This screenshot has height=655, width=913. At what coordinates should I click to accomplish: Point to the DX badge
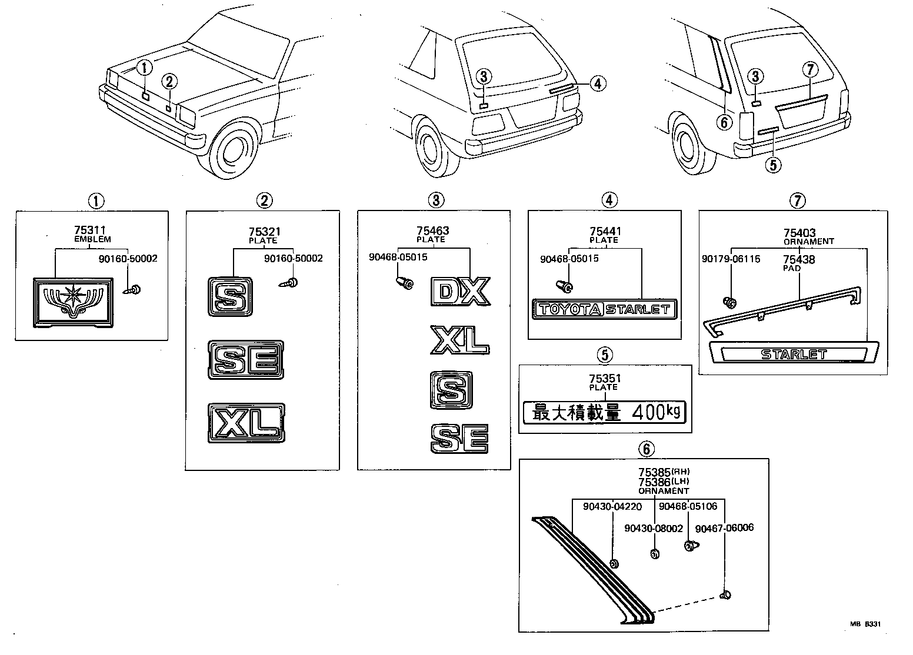(x=460, y=291)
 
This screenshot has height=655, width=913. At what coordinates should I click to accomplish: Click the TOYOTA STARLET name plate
(x=604, y=309)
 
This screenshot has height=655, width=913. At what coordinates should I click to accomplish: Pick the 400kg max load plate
(x=604, y=413)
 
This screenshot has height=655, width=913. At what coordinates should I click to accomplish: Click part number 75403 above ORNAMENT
(x=799, y=233)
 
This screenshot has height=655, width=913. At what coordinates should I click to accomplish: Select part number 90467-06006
(x=724, y=528)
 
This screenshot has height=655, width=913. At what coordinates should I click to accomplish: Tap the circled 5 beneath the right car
(x=773, y=165)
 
